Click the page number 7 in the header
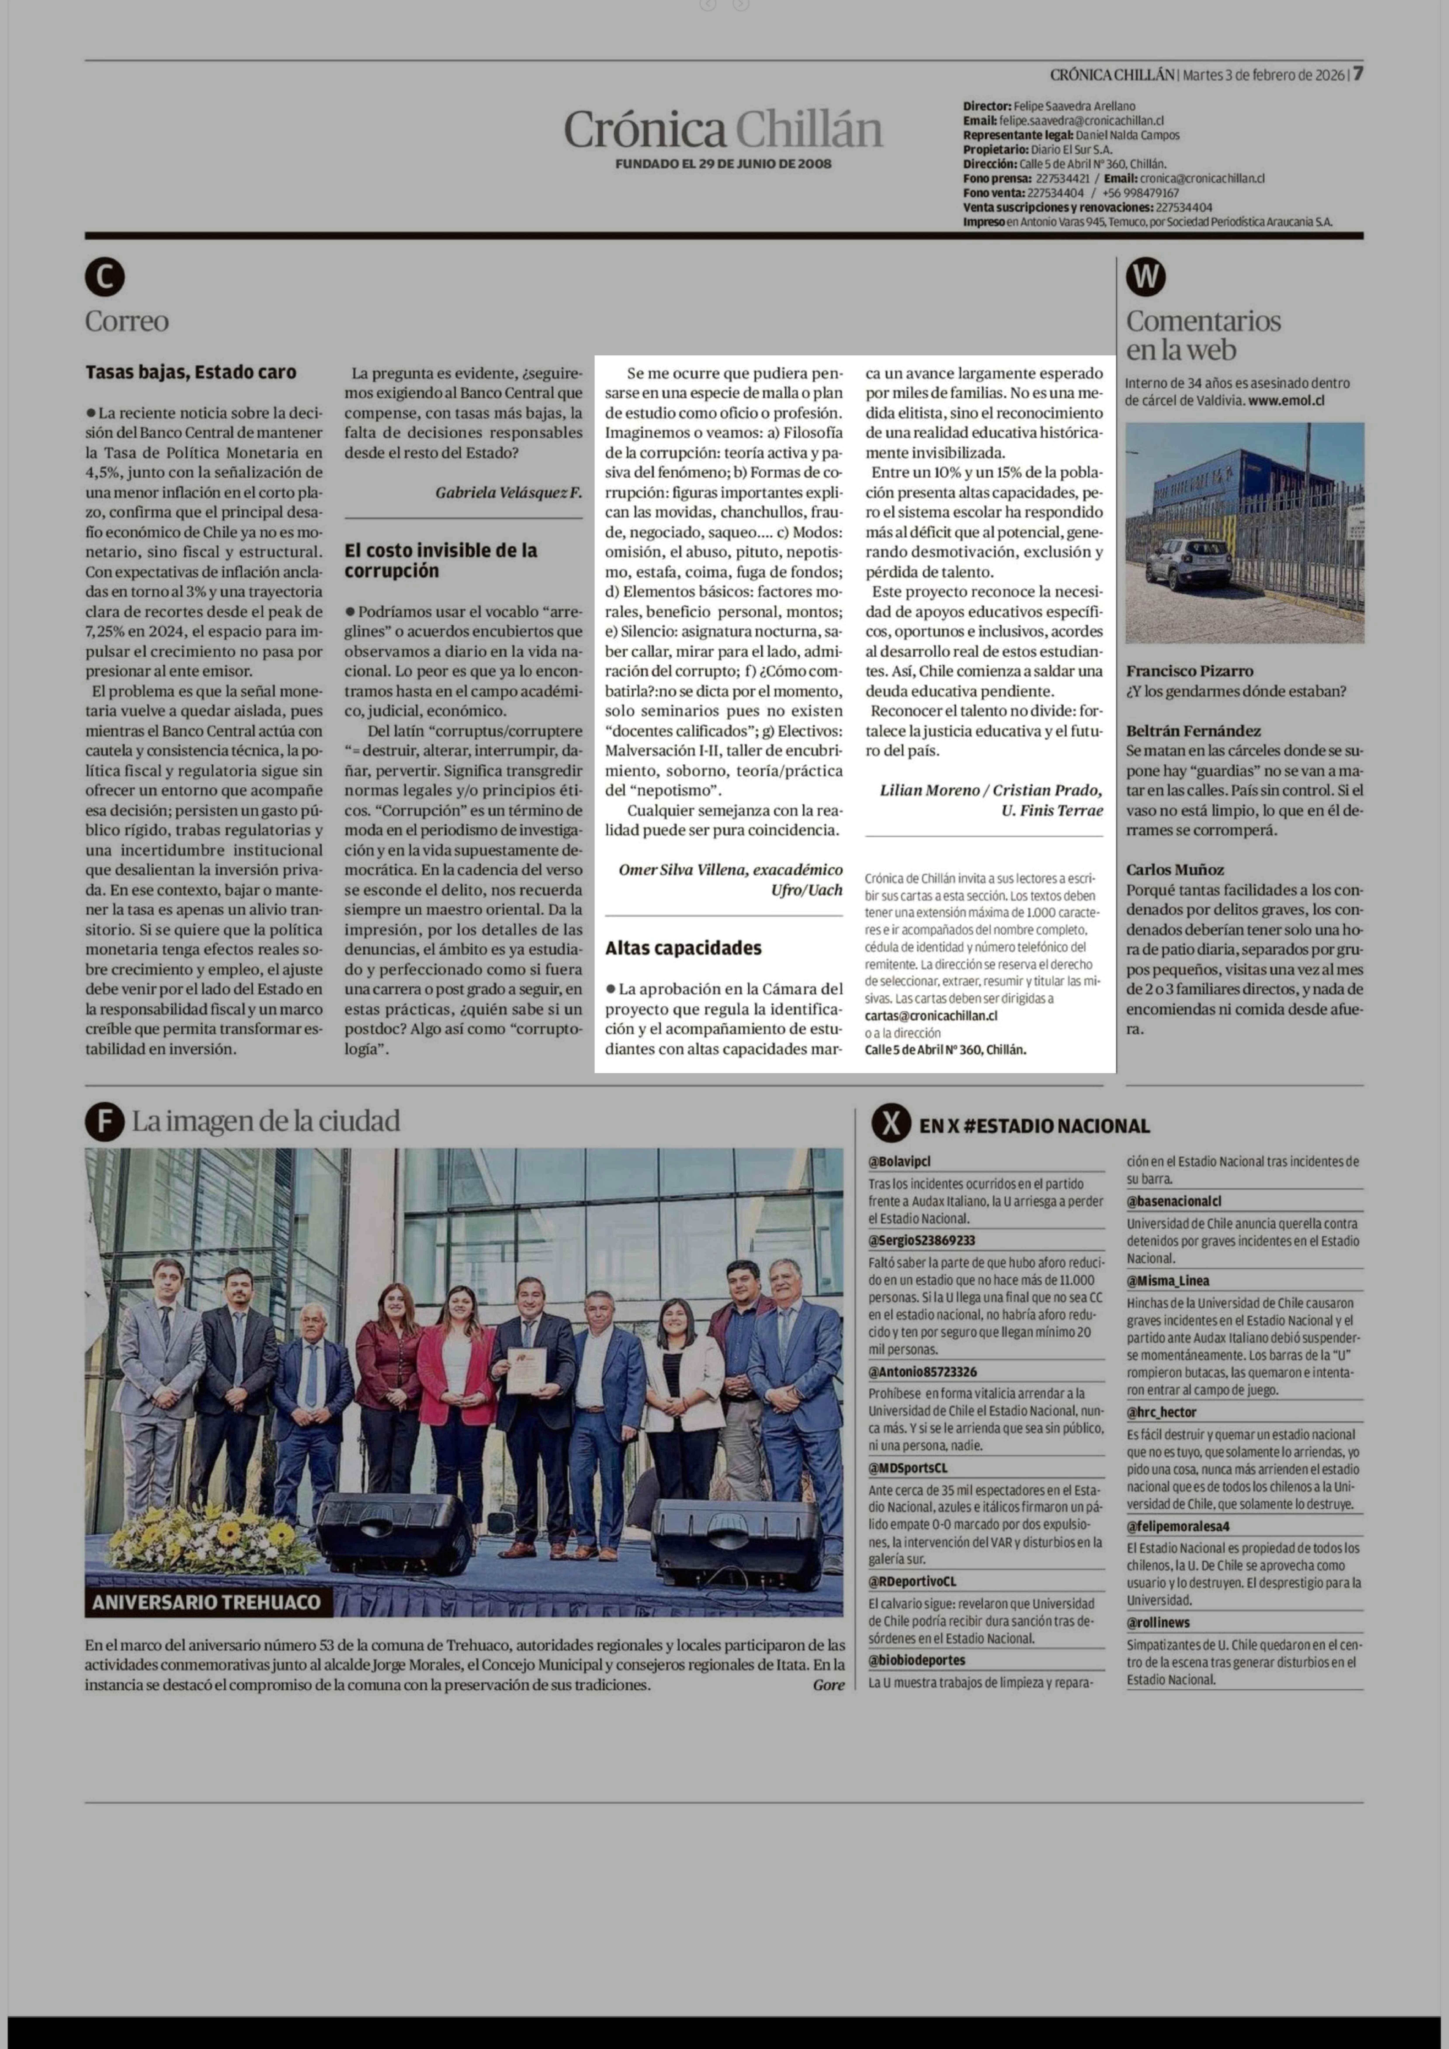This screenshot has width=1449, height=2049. click(1357, 74)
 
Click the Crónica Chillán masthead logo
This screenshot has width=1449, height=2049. click(723, 129)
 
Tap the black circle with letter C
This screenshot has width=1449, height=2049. click(104, 278)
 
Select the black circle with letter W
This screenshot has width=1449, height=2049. click(1146, 278)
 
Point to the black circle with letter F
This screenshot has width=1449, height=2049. click(104, 1122)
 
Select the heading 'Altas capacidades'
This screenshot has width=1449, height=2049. click(684, 948)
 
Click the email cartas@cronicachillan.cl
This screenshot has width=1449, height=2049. click(931, 1016)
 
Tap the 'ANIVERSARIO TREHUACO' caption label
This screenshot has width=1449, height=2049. click(206, 1602)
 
